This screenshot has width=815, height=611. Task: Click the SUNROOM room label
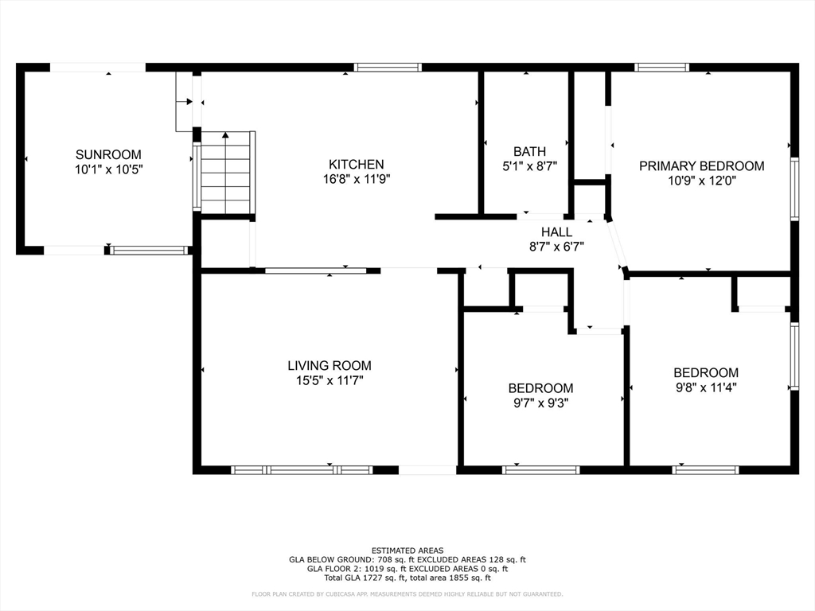click(108, 154)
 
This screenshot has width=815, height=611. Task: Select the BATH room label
click(529, 151)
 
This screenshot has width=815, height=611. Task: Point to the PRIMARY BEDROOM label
click(701, 166)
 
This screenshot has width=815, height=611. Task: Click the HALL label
click(556, 232)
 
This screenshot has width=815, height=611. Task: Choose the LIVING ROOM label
click(329, 366)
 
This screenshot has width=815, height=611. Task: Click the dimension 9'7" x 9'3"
click(540, 403)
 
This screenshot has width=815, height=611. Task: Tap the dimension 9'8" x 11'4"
click(705, 387)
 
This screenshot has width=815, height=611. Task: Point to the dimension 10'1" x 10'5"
click(108, 169)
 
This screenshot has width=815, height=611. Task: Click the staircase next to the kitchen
click(226, 173)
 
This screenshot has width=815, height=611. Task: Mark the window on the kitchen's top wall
click(388, 68)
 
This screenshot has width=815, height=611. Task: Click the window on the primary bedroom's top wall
click(661, 68)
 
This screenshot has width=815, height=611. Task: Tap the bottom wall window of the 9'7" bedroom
click(541, 470)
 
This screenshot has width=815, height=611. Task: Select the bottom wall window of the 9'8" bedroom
click(705, 470)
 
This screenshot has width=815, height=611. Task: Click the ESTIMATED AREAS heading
click(407, 551)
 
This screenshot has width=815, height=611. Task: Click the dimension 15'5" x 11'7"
click(329, 381)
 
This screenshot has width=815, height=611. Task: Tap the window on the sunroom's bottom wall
click(148, 251)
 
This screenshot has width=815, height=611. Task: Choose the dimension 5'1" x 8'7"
click(529, 166)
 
